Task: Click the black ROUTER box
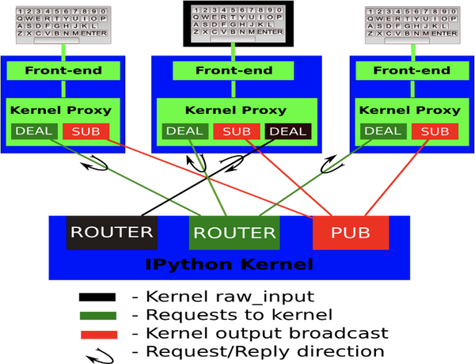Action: click(x=111, y=232)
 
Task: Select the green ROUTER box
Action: click(x=234, y=232)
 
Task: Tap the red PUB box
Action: click(x=350, y=232)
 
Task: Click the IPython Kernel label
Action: click(x=230, y=264)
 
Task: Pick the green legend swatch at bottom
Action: click(x=98, y=316)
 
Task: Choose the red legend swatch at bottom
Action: click(x=98, y=335)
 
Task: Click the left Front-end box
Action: click(x=63, y=70)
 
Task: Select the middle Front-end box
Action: click(x=234, y=70)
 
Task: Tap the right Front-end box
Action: click(x=411, y=70)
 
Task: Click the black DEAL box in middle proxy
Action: click(x=288, y=131)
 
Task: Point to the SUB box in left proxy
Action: click(x=86, y=131)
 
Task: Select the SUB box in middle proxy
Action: click(x=236, y=131)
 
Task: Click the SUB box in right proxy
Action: click(x=435, y=131)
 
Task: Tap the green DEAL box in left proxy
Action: click(x=34, y=131)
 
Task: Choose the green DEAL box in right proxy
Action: click(x=382, y=131)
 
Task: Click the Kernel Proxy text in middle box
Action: click(x=235, y=111)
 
